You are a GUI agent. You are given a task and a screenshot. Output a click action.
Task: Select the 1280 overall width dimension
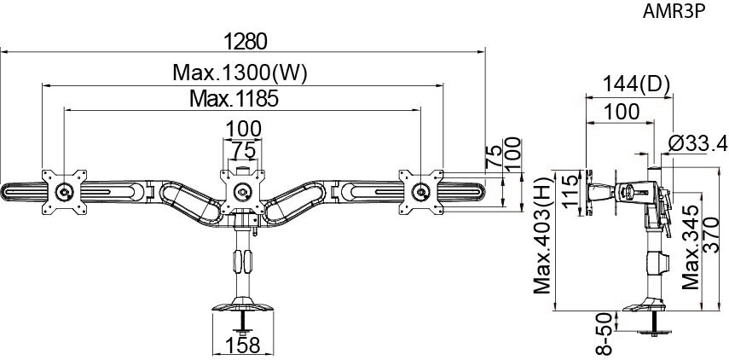point(246,42)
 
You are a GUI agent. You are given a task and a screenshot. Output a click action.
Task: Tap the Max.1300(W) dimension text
point(240,73)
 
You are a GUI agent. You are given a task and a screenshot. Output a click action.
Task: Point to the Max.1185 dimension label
point(234,99)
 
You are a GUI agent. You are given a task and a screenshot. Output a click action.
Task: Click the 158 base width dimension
point(242,345)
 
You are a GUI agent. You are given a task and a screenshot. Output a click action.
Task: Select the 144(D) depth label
point(636,84)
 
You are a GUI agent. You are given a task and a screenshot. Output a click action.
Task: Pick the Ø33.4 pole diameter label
point(697,144)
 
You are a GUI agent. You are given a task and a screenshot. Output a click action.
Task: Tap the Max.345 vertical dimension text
point(691,247)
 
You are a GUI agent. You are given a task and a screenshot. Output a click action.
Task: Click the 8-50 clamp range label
point(603,334)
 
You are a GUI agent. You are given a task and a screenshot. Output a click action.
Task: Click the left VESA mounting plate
point(64,192)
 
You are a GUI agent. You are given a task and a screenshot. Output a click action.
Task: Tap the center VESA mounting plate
point(242,192)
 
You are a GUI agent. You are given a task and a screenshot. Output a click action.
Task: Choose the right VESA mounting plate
point(420,192)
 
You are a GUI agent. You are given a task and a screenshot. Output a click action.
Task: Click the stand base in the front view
point(242,306)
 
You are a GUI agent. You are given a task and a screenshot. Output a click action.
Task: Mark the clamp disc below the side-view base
point(654,331)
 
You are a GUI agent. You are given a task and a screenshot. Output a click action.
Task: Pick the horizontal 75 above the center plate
point(244,151)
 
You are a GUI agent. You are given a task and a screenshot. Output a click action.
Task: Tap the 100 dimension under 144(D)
point(621,112)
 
